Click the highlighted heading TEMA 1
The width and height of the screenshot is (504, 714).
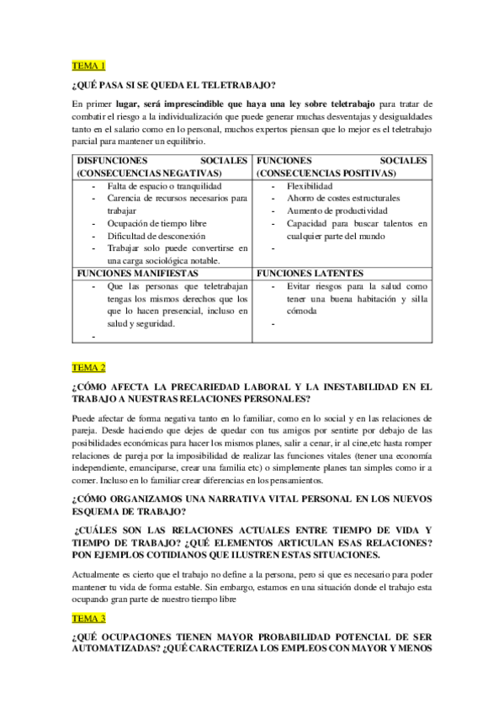(x=89, y=66)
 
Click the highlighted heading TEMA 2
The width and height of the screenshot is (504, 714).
(x=89, y=367)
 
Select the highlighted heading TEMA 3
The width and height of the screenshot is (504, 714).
(x=89, y=617)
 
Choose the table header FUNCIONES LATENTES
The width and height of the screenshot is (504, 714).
(x=310, y=274)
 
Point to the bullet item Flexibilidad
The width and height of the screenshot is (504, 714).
(x=309, y=185)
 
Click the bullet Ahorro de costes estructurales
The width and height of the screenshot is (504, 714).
(x=342, y=198)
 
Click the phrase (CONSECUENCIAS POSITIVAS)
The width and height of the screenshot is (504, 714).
(x=326, y=173)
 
